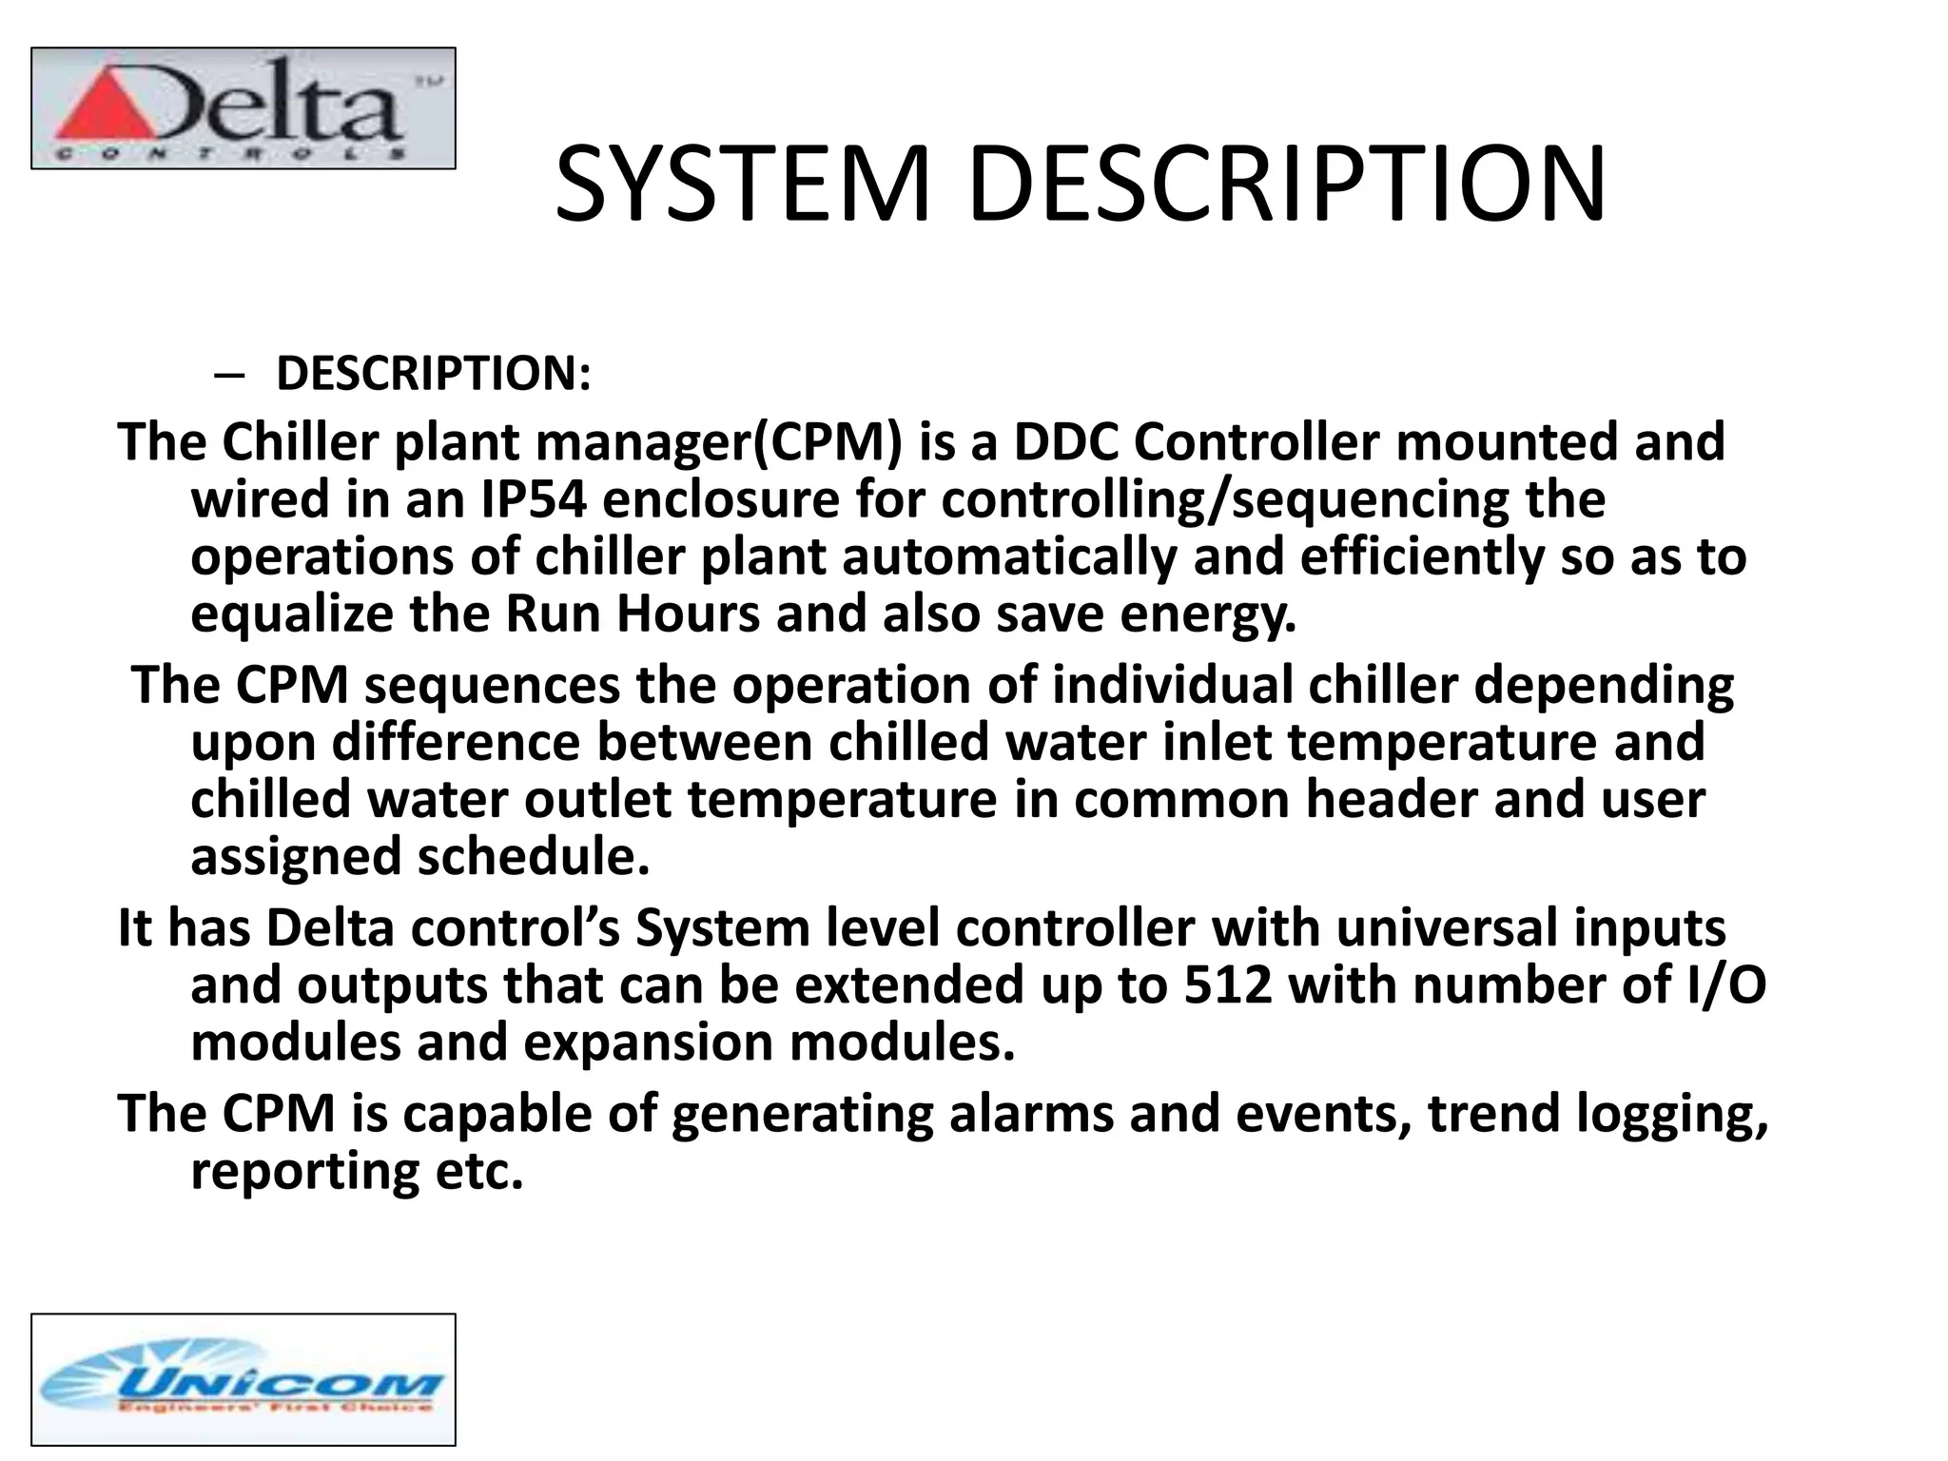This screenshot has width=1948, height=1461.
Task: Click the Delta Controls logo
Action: [243, 108]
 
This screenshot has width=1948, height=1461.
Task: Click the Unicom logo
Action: [243, 1379]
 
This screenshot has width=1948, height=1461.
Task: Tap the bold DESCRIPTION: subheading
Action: [433, 372]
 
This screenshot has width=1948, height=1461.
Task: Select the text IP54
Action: [534, 500]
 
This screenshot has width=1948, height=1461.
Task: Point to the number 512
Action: [1228, 985]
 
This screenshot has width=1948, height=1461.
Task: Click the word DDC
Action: [1064, 443]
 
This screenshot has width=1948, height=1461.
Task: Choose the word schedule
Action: [534, 857]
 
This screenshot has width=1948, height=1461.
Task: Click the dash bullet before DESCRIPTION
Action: [228, 375]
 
